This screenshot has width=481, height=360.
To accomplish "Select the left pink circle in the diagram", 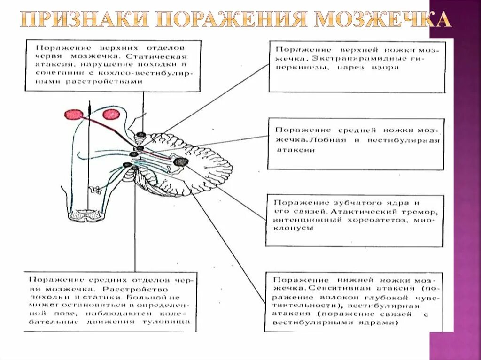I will (x=74, y=115).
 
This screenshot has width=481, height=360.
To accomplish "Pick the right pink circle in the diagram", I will (x=111, y=114).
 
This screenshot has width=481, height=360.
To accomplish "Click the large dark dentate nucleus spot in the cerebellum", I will (x=180, y=161).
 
